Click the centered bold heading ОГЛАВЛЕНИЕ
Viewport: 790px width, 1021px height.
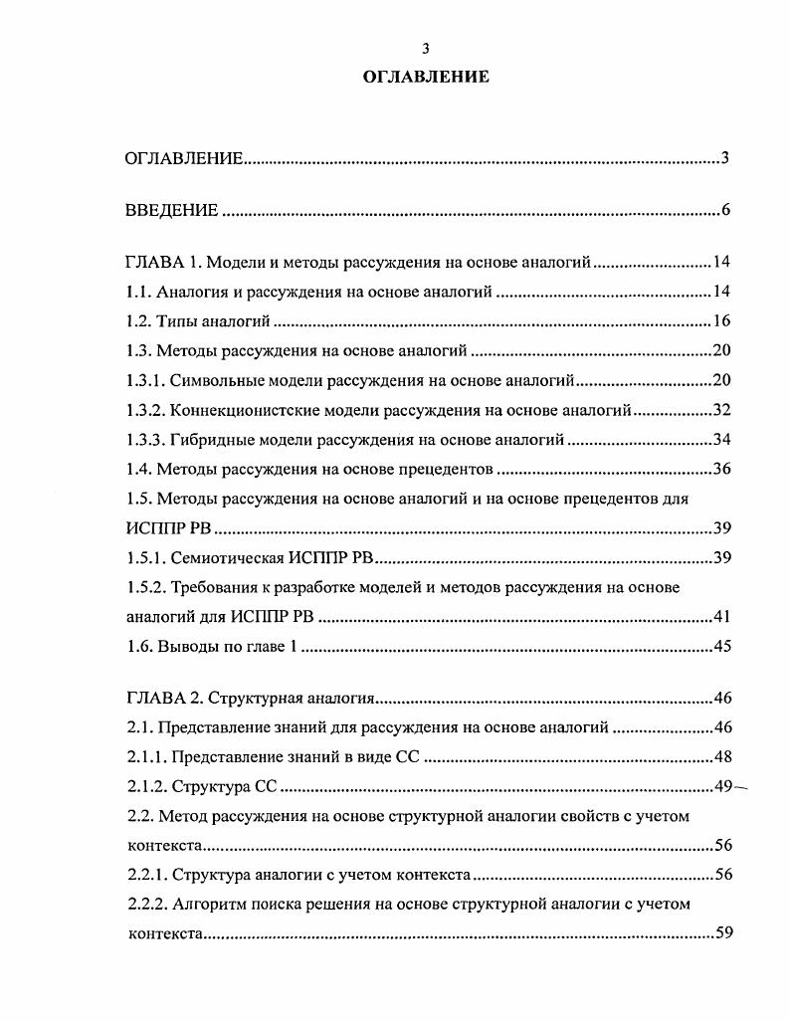(x=425, y=77)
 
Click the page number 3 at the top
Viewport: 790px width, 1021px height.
(x=425, y=48)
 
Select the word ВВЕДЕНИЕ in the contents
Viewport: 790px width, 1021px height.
(x=171, y=211)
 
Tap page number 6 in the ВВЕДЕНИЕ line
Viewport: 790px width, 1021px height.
(x=726, y=211)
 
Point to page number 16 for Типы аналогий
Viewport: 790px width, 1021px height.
(x=722, y=321)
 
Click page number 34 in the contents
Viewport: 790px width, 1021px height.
(x=722, y=439)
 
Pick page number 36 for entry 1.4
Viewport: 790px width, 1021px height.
(x=722, y=468)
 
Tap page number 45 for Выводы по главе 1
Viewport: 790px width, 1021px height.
(x=722, y=646)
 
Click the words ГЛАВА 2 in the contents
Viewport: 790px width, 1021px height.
(x=156, y=699)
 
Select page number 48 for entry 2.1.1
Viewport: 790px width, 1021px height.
(x=722, y=757)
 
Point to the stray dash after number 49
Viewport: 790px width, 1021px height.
(x=742, y=787)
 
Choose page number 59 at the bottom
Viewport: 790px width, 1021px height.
(x=722, y=934)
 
